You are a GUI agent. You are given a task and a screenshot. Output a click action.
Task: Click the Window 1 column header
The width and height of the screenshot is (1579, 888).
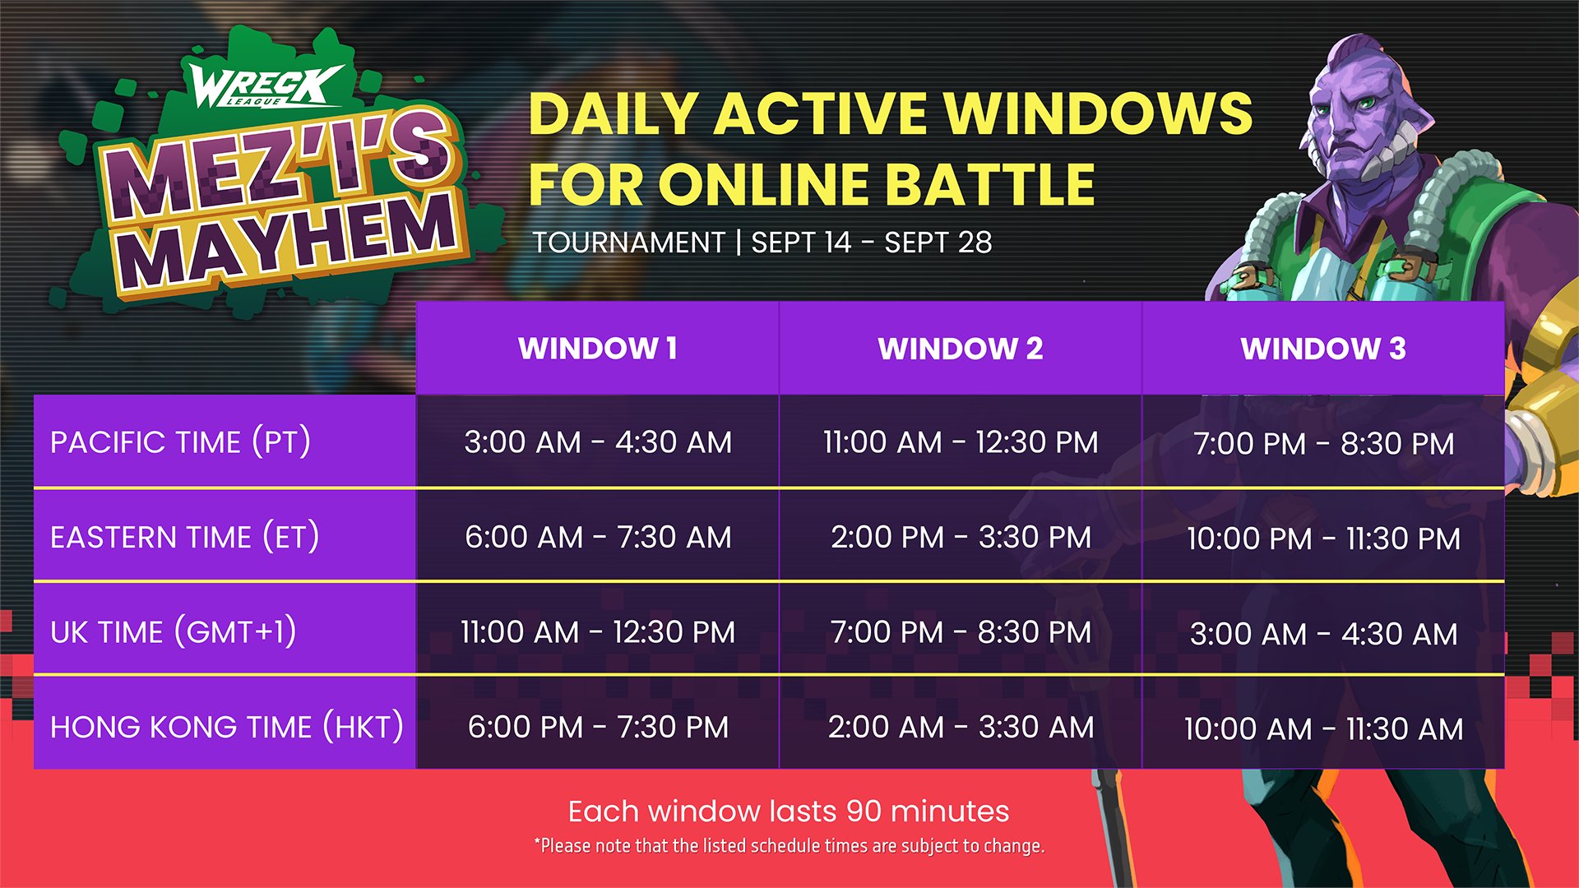pos(598,349)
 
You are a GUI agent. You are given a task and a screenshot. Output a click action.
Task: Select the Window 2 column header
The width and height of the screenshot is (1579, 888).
pos(961,349)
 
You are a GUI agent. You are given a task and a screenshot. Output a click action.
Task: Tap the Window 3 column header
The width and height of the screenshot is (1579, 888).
pos(1323,349)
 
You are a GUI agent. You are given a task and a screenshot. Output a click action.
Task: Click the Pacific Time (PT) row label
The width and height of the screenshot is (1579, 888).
pos(180,442)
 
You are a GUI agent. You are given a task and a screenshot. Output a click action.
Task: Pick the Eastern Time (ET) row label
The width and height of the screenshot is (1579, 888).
pos(184,538)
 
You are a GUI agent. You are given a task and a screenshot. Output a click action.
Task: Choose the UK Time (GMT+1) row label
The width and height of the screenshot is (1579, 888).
pos(173,632)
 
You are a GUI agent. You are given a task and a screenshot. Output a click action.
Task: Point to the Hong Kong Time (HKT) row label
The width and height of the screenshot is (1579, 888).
pos(226,727)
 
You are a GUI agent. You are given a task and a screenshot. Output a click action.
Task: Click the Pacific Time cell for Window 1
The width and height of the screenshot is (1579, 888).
pos(598,442)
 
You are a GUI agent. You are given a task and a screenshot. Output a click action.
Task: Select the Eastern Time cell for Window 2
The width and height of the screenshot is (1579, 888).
pos(961,538)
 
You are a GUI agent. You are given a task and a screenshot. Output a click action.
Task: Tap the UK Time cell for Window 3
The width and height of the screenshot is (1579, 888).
pos(1323,634)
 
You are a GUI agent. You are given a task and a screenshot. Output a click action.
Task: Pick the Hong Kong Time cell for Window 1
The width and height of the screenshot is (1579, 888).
pos(598,727)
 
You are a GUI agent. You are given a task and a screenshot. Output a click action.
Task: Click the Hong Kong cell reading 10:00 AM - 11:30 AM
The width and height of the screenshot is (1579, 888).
pos(1323,728)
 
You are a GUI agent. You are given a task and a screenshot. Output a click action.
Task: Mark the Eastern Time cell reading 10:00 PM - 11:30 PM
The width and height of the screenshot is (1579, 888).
pos(1323,539)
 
